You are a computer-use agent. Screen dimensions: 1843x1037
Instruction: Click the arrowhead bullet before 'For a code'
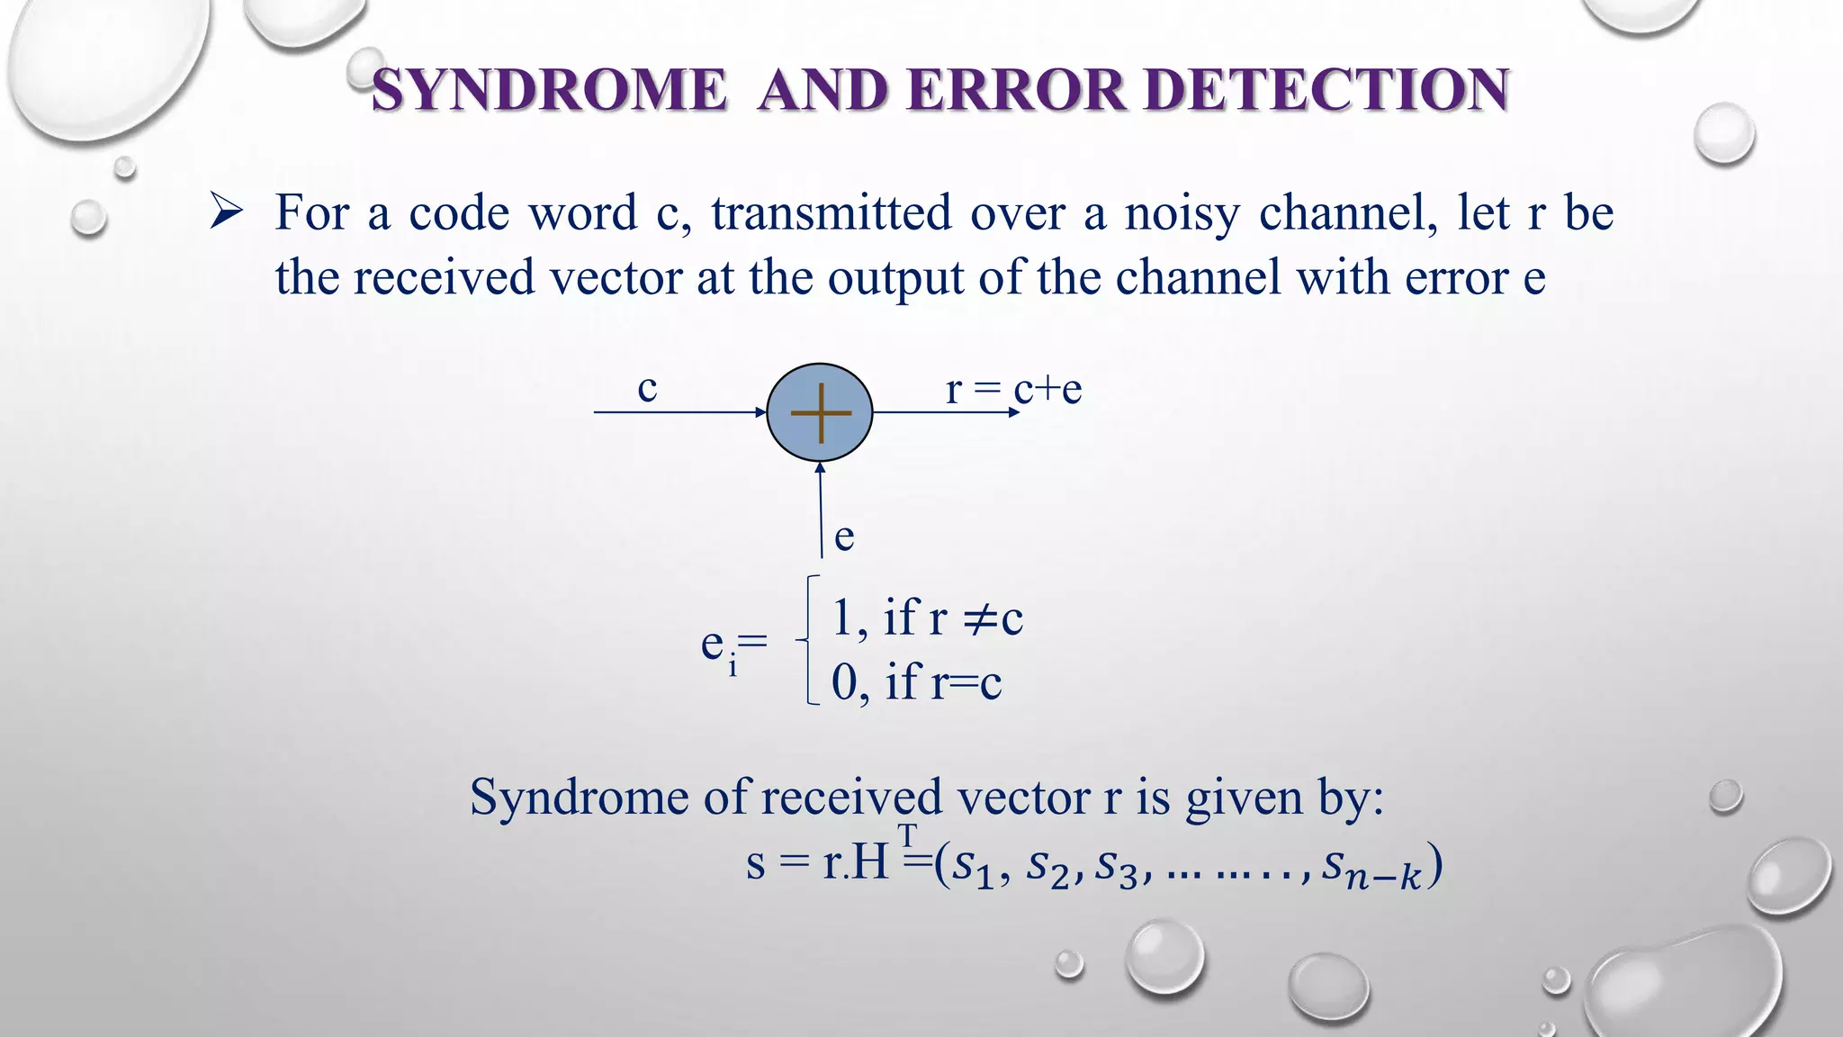(x=226, y=213)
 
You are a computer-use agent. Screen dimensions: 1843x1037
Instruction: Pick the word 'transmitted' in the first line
(x=831, y=213)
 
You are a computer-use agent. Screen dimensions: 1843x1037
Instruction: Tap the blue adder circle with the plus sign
(x=820, y=412)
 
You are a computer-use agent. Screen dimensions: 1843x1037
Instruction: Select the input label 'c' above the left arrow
(x=647, y=388)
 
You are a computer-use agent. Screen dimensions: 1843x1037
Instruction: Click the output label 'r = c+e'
(x=1013, y=389)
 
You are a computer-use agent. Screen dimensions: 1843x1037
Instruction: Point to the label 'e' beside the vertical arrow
(x=844, y=537)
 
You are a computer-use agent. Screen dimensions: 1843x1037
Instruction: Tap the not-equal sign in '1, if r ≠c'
(x=979, y=618)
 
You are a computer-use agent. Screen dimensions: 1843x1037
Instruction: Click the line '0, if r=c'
(x=916, y=681)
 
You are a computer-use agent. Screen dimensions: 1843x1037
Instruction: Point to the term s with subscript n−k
(x=1371, y=868)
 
